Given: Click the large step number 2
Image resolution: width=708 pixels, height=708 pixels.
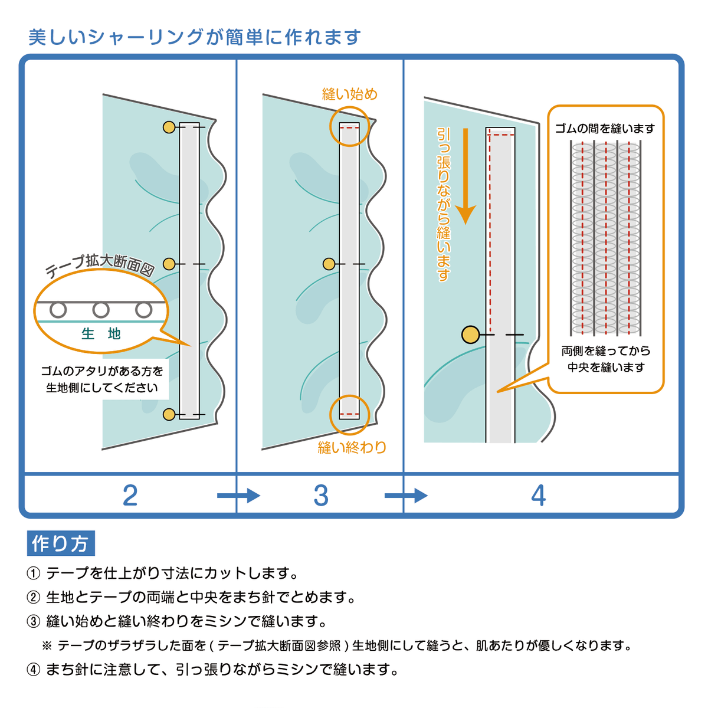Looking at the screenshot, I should click(x=130, y=496).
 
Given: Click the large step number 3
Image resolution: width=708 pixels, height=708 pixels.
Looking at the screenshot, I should click(x=321, y=496).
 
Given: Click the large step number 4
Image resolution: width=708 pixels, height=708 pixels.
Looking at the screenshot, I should click(x=538, y=496).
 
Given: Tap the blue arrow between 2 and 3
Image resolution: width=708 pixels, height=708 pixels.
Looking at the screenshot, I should click(x=238, y=496).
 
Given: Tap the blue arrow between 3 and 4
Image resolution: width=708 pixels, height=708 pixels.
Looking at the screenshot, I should click(x=406, y=496).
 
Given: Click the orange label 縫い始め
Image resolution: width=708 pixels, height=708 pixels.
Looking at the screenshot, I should click(x=350, y=94).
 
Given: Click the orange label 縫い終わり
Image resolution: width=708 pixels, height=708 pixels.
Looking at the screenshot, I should click(x=352, y=447).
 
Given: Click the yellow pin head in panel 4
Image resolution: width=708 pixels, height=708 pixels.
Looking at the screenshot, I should click(x=470, y=335).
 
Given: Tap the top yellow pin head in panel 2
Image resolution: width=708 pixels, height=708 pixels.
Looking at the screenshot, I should click(x=169, y=127).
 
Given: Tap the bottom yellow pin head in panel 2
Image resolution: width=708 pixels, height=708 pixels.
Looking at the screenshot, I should click(x=169, y=415).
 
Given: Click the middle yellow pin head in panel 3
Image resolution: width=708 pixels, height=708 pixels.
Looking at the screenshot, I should click(x=329, y=264).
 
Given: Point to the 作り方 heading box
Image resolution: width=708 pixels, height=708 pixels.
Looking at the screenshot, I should click(x=61, y=543).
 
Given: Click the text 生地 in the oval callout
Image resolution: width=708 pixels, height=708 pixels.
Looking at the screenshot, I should click(x=101, y=334).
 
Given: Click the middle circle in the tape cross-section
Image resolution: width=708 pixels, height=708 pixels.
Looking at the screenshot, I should click(x=101, y=310).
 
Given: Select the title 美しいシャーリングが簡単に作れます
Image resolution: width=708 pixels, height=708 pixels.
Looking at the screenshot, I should click(x=195, y=37).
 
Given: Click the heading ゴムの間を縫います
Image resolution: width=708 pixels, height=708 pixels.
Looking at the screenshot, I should click(x=605, y=128).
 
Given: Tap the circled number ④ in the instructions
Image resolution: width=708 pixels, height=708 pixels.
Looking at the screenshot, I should click(x=34, y=670).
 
